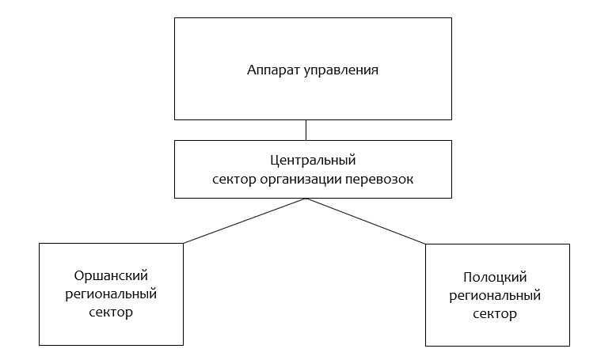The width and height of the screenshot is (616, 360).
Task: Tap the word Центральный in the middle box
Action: coord(313,161)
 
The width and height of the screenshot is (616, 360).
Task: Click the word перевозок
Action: coord(379,180)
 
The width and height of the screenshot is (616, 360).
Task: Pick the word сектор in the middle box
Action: coord(234,180)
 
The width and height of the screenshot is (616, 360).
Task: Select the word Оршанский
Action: coord(111,275)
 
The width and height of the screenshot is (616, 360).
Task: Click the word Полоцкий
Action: coord(495,278)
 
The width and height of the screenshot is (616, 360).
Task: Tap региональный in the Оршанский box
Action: coord(111,294)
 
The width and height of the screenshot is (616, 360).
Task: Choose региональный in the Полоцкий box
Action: coord(495,296)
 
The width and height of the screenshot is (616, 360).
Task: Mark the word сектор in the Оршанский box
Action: coord(111,313)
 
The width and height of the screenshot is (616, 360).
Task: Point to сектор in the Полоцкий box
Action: coord(495,314)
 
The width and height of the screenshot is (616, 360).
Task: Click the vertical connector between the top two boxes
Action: coord(306,130)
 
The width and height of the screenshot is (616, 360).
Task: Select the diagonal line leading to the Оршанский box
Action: coord(245,221)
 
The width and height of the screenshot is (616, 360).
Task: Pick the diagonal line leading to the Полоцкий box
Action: coord(366,221)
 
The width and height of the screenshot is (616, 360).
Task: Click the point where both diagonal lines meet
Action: coord(306,199)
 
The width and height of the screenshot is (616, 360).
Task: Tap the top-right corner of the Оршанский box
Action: coord(184,244)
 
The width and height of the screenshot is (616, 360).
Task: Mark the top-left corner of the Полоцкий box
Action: coord(425,244)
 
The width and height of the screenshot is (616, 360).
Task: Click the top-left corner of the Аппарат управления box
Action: coord(174,17)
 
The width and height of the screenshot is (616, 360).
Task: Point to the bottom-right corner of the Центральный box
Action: coord(452,198)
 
